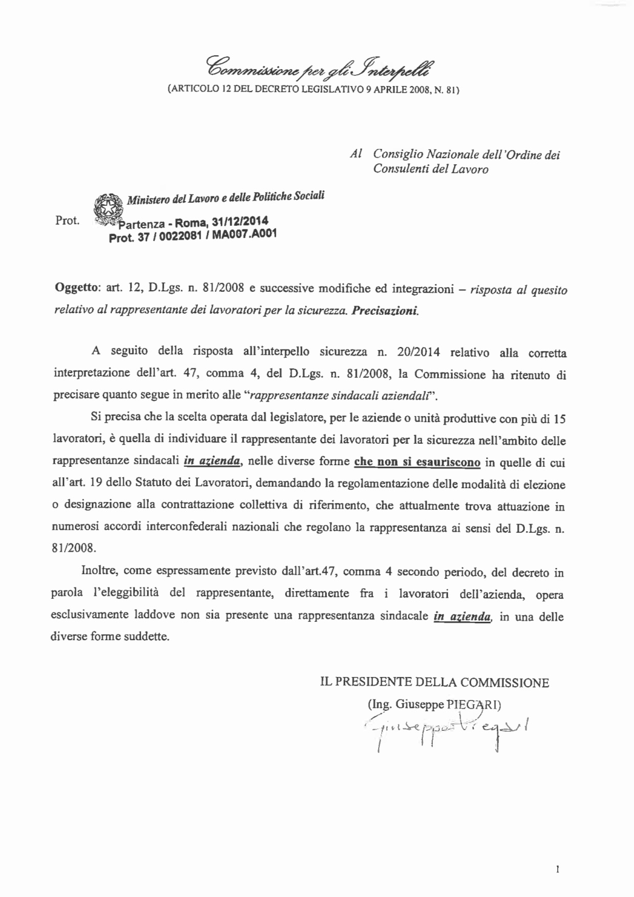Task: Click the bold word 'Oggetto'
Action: (76, 289)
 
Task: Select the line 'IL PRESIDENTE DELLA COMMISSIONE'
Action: (434, 683)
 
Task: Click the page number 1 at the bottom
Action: (557, 868)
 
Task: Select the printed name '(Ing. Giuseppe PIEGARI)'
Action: (434, 704)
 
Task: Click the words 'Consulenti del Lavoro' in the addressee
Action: (430, 169)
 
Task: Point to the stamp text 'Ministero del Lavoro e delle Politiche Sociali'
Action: (225, 198)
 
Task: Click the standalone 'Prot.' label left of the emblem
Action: (67, 221)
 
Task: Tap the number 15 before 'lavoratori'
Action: (559, 419)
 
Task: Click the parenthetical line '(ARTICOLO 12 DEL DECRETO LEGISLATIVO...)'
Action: (314, 91)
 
